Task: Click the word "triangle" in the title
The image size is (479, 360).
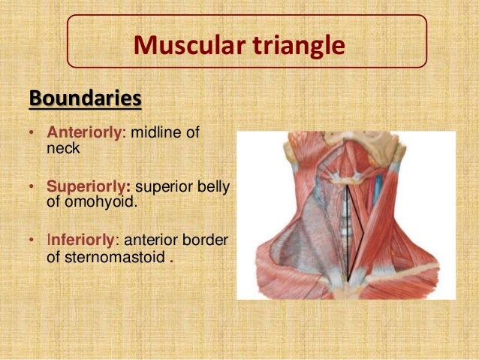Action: tap(298, 45)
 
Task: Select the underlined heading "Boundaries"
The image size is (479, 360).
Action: tap(85, 98)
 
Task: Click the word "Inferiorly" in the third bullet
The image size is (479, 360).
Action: tap(82, 241)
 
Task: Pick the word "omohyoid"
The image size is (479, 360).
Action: tap(95, 201)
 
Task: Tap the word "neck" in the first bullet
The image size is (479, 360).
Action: tap(62, 148)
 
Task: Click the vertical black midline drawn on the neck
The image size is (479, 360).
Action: tap(346, 225)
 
